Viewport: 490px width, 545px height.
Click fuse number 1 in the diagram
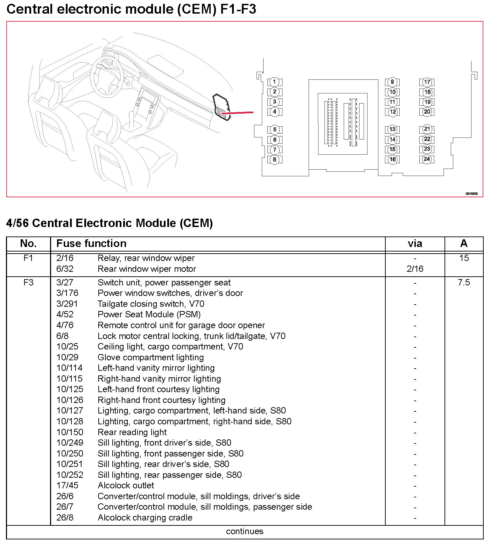tap(275, 82)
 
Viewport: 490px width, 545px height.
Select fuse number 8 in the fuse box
tap(275, 160)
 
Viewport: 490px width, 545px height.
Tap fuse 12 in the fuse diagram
tap(392, 112)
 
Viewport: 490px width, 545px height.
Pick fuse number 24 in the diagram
tap(427, 159)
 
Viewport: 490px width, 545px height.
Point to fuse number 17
tap(427, 82)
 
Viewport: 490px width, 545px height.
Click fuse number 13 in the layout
tap(392, 129)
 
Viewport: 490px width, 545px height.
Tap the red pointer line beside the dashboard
tap(238, 113)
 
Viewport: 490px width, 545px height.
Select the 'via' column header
tap(415, 243)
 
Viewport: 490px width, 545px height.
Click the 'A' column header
tap(464, 243)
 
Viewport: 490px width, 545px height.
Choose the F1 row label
tap(28, 258)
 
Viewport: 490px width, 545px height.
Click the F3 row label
tap(28, 282)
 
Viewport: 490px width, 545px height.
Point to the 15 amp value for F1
tap(464, 258)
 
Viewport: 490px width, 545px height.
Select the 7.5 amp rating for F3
tap(464, 282)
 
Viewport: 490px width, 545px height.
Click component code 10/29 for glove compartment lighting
tap(67, 358)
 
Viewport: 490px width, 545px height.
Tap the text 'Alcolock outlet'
tap(126, 486)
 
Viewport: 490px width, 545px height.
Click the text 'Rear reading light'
tap(132, 432)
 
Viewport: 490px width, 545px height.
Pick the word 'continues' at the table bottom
tap(245, 531)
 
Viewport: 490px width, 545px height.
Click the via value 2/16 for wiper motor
tap(415, 269)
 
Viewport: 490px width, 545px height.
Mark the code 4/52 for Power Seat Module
tap(65, 314)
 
